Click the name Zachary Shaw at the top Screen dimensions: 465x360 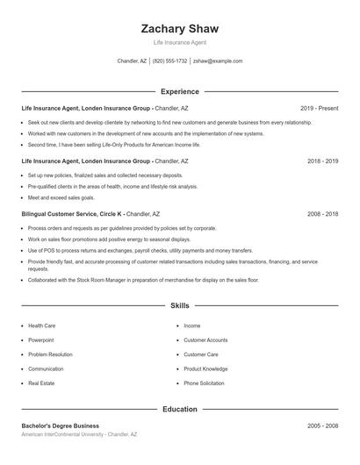tap(180, 29)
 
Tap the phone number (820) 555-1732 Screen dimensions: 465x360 tap(169, 61)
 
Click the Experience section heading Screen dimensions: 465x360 tap(180, 91)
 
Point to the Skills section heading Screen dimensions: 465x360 tap(180, 306)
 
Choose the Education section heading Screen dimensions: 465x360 tap(180, 409)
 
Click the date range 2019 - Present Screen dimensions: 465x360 tap(319, 108)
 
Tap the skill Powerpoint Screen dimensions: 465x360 tap(40, 340)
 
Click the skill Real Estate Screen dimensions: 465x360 tap(41, 383)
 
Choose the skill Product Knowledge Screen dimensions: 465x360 tap(206, 368)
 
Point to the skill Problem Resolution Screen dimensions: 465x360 tap(50, 354)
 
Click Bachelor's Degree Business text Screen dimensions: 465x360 tap(61, 426)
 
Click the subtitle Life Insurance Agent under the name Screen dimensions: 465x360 tap(180, 42)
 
